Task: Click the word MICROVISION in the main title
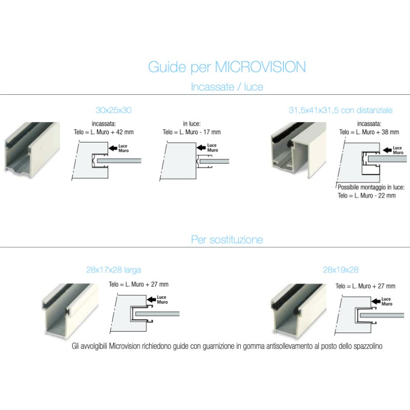[x=260, y=67]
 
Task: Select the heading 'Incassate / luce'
[x=227, y=87]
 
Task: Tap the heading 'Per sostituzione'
[x=227, y=239]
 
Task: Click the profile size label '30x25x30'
[x=113, y=110]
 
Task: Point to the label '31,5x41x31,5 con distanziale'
[x=341, y=110]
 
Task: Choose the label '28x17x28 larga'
[x=113, y=270]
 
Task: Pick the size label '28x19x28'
[x=341, y=270]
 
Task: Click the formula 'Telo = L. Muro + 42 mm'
[x=104, y=132]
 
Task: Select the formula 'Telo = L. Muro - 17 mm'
[x=192, y=132]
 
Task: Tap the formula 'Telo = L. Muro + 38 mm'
[x=369, y=132]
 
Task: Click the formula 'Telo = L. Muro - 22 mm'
[x=366, y=196]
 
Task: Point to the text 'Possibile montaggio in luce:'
[x=371, y=187]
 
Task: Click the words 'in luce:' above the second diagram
[x=192, y=124]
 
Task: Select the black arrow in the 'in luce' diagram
[x=201, y=148]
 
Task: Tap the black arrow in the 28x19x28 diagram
[x=376, y=301]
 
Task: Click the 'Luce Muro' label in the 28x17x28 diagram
[x=162, y=300]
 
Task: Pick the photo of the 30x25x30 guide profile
[x=32, y=150]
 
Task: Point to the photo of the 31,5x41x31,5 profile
[x=298, y=150]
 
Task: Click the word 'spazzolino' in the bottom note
[x=368, y=346]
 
